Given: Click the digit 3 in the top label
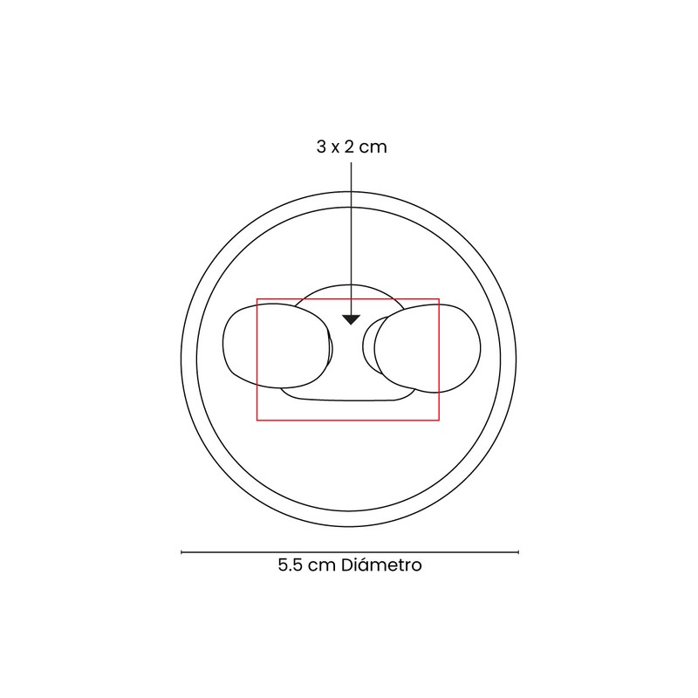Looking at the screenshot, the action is click(x=321, y=147).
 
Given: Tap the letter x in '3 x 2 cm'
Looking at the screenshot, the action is click(x=335, y=148).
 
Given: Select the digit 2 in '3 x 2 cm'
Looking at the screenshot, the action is click(x=349, y=147).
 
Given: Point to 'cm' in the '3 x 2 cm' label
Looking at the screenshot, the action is click(x=373, y=148).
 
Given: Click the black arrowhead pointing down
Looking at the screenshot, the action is click(x=351, y=319).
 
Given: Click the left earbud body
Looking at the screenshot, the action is click(x=276, y=346).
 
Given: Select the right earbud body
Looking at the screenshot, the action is click(x=428, y=348).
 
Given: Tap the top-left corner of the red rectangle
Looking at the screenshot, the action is click(x=257, y=298).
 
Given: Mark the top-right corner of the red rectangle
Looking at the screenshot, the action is click(x=440, y=298).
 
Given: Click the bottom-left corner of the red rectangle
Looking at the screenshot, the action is click(x=257, y=420).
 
